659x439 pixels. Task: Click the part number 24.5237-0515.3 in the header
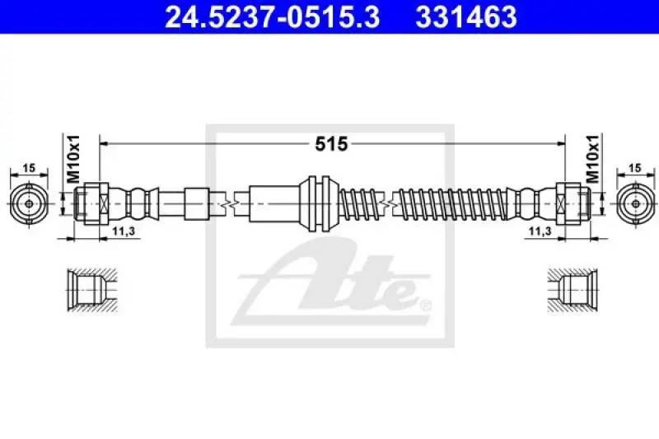click(x=273, y=17)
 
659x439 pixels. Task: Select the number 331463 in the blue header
click(x=466, y=17)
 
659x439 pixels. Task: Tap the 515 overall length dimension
click(x=332, y=144)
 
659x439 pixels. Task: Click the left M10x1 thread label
click(x=73, y=159)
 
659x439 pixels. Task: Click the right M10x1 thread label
click(x=592, y=159)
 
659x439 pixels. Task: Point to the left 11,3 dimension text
click(x=124, y=231)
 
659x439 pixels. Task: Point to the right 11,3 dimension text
click(x=540, y=231)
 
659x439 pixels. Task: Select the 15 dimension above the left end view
click(x=29, y=168)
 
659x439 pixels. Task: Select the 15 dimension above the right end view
click(x=635, y=168)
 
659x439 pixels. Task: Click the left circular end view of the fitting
click(x=29, y=203)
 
